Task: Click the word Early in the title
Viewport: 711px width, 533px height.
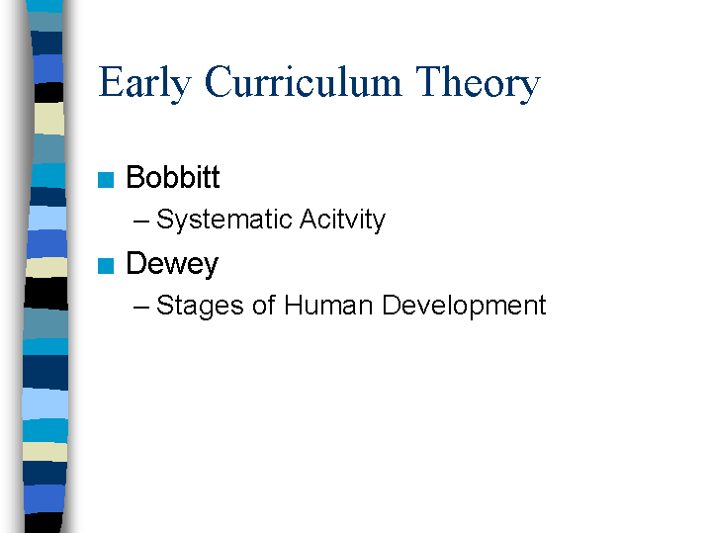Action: point(144,83)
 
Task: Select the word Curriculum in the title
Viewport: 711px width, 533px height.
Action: point(303,82)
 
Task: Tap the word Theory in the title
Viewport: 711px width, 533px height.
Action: point(478,83)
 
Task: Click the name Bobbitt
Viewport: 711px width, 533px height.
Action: point(173,177)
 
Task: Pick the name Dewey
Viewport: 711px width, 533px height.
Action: point(172,264)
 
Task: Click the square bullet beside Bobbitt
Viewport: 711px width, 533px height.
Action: point(106,180)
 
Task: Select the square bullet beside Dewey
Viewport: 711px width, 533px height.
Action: point(106,266)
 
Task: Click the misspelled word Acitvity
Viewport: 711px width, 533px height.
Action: point(342,221)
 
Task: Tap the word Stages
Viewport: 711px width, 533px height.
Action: point(200,306)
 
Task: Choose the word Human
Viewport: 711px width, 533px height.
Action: point(328,305)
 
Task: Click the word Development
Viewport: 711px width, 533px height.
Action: point(464,306)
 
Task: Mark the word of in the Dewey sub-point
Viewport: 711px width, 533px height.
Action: point(264,305)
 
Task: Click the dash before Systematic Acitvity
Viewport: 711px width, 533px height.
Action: point(141,222)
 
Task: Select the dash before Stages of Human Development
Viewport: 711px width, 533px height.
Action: point(141,308)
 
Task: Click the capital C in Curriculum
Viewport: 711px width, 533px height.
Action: point(219,82)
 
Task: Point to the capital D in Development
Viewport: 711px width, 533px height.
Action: point(392,305)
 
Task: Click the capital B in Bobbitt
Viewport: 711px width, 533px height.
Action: point(135,177)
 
